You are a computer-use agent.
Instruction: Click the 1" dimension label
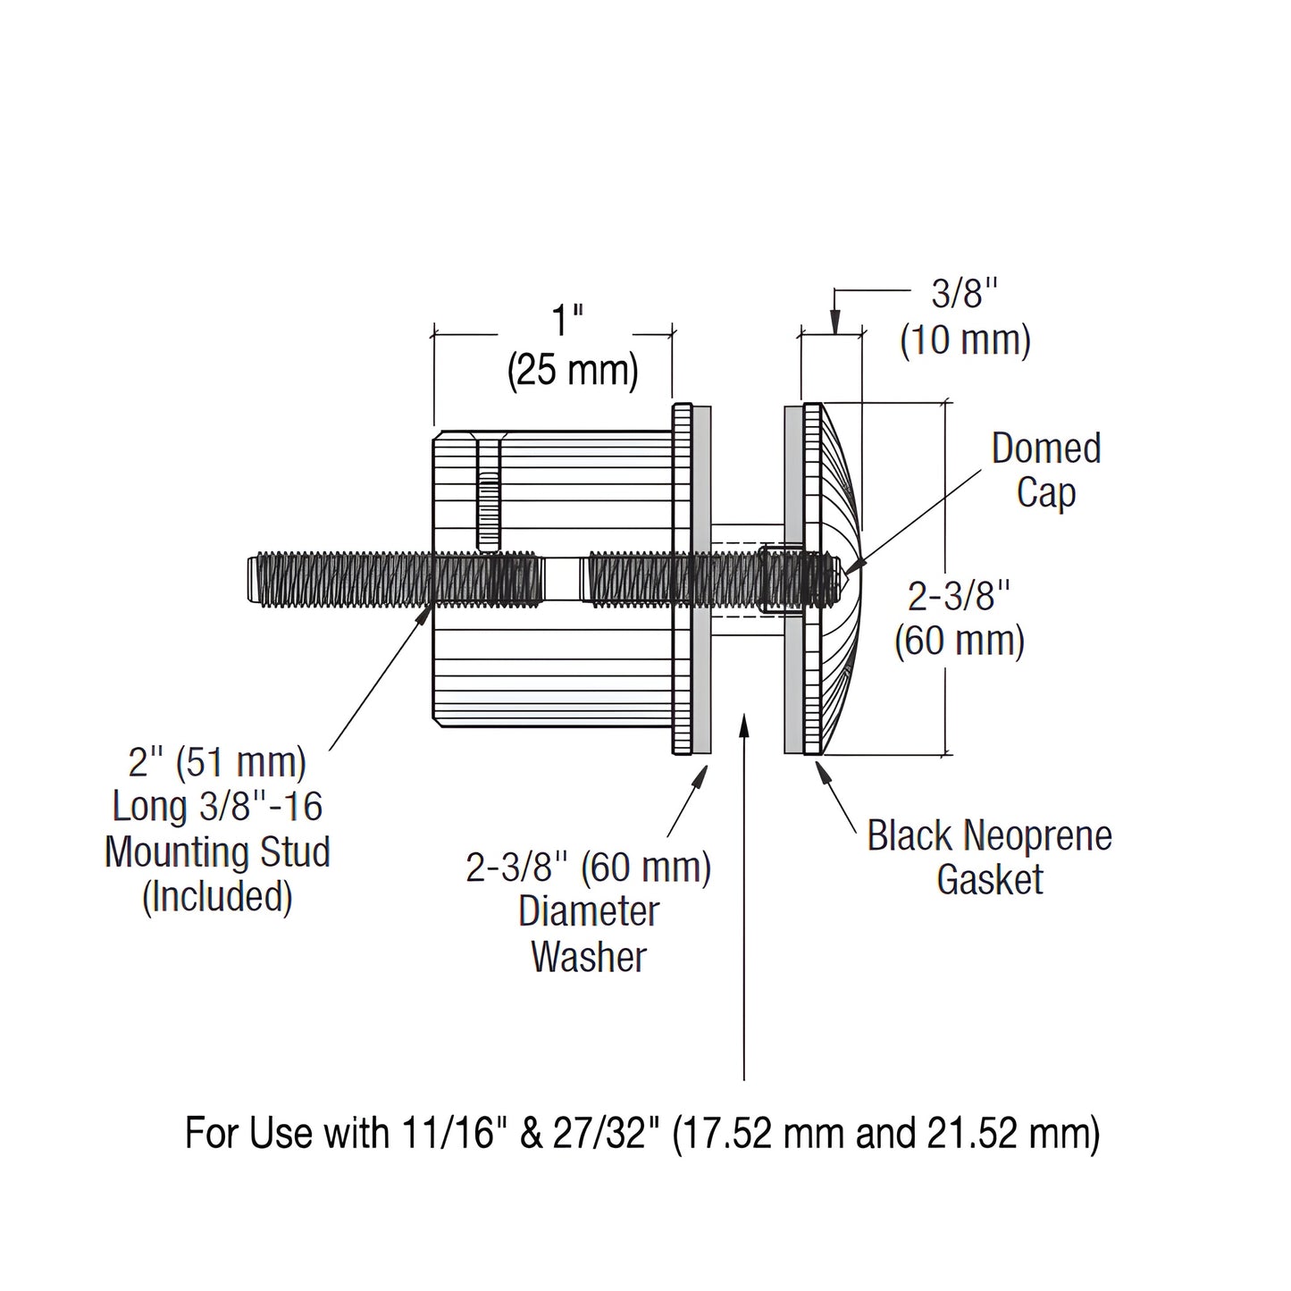tap(567, 321)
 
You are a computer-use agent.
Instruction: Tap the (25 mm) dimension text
tap(573, 372)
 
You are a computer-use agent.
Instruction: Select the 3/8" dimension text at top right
tap(964, 293)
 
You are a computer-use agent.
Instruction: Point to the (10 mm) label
tap(965, 341)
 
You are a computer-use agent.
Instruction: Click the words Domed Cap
tap(1045, 470)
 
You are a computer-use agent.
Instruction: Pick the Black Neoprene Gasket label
tap(989, 858)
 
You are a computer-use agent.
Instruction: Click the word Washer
tap(589, 957)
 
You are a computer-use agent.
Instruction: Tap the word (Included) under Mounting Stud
tap(217, 896)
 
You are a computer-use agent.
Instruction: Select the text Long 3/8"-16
tap(217, 807)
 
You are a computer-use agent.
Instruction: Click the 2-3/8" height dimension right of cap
tap(959, 596)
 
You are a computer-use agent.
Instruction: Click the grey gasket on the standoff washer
tap(702, 679)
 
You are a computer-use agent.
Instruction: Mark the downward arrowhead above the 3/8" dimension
tap(834, 323)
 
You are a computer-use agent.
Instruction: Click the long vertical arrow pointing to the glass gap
tap(744, 893)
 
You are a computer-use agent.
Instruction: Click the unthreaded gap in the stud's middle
tap(561, 579)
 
